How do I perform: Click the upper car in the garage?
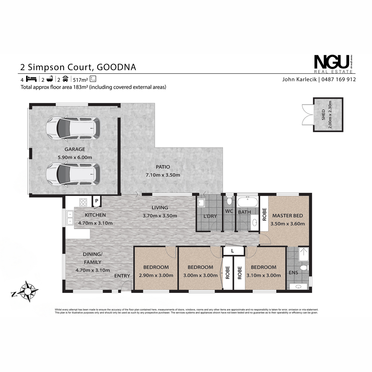tap(73, 128)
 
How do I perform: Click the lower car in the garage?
tap(73, 174)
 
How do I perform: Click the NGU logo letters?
tap(332, 62)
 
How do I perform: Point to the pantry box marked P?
tap(96, 201)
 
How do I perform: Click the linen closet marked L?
tap(232, 251)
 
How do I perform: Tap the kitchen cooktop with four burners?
tap(83, 202)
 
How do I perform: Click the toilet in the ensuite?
tap(304, 268)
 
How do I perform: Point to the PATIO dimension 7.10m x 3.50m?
tap(163, 175)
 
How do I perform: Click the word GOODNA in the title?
tap(116, 67)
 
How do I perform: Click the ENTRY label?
tap(122, 276)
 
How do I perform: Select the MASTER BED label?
tap(287, 216)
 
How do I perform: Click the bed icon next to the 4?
tap(31, 79)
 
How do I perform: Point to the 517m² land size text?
tap(81, 80)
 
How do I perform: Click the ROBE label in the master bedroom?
tap(264, 214)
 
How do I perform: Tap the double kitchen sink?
tap(70, 218)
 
